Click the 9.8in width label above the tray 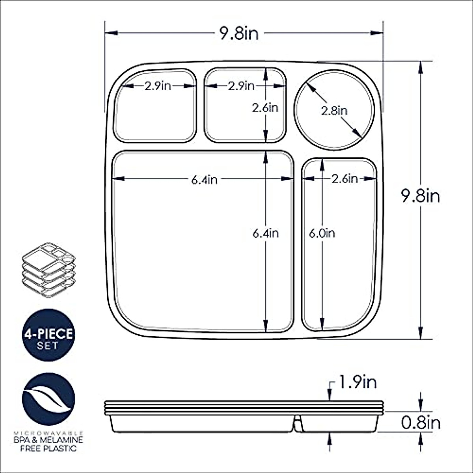239,34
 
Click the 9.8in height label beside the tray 421,196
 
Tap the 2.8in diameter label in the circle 334,111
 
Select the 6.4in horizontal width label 204,180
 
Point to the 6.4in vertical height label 266,233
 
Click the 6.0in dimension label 322,233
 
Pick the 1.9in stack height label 357,382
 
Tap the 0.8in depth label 421,423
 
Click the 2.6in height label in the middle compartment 265,108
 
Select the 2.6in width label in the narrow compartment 345,179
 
